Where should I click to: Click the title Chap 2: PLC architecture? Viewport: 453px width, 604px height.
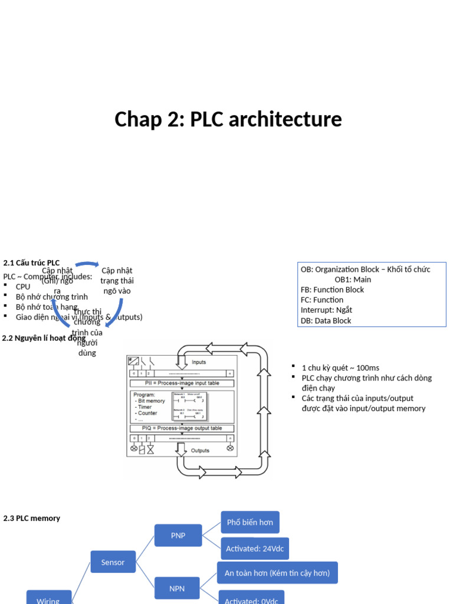tap(228, 119)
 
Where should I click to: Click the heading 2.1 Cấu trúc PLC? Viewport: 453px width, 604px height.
tap(31, 262)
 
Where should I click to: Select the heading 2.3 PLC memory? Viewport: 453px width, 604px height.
tap(31, 518)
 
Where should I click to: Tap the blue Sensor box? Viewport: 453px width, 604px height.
tap(113, 562)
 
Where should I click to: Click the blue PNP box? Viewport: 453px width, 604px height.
tap(178, 536)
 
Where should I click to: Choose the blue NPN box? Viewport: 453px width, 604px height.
tap(178, 588)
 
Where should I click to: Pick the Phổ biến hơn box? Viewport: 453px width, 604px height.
tap(250, 522)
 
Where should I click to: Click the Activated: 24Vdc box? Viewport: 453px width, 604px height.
tap(255, 549)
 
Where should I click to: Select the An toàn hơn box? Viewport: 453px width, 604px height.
tap(277, 573)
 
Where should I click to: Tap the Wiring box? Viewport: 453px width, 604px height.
tap(48, 599)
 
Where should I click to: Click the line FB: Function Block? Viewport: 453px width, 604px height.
tap(332, 290)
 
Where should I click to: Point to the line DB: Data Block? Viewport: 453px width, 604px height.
tap(326, 321)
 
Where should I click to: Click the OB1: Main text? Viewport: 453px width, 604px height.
tap(353, 280)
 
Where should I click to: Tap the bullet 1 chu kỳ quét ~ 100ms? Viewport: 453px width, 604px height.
tap(340, 367)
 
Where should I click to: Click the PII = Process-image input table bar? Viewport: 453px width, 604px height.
tap(182, 383)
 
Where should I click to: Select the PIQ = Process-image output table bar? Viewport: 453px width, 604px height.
tap(182, 428)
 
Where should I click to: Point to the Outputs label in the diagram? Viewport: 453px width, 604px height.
tap(200, 451)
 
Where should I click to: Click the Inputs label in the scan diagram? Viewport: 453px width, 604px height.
tap(199, 362)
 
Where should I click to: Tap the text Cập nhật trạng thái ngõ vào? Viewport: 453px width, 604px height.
tap(117, 281)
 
